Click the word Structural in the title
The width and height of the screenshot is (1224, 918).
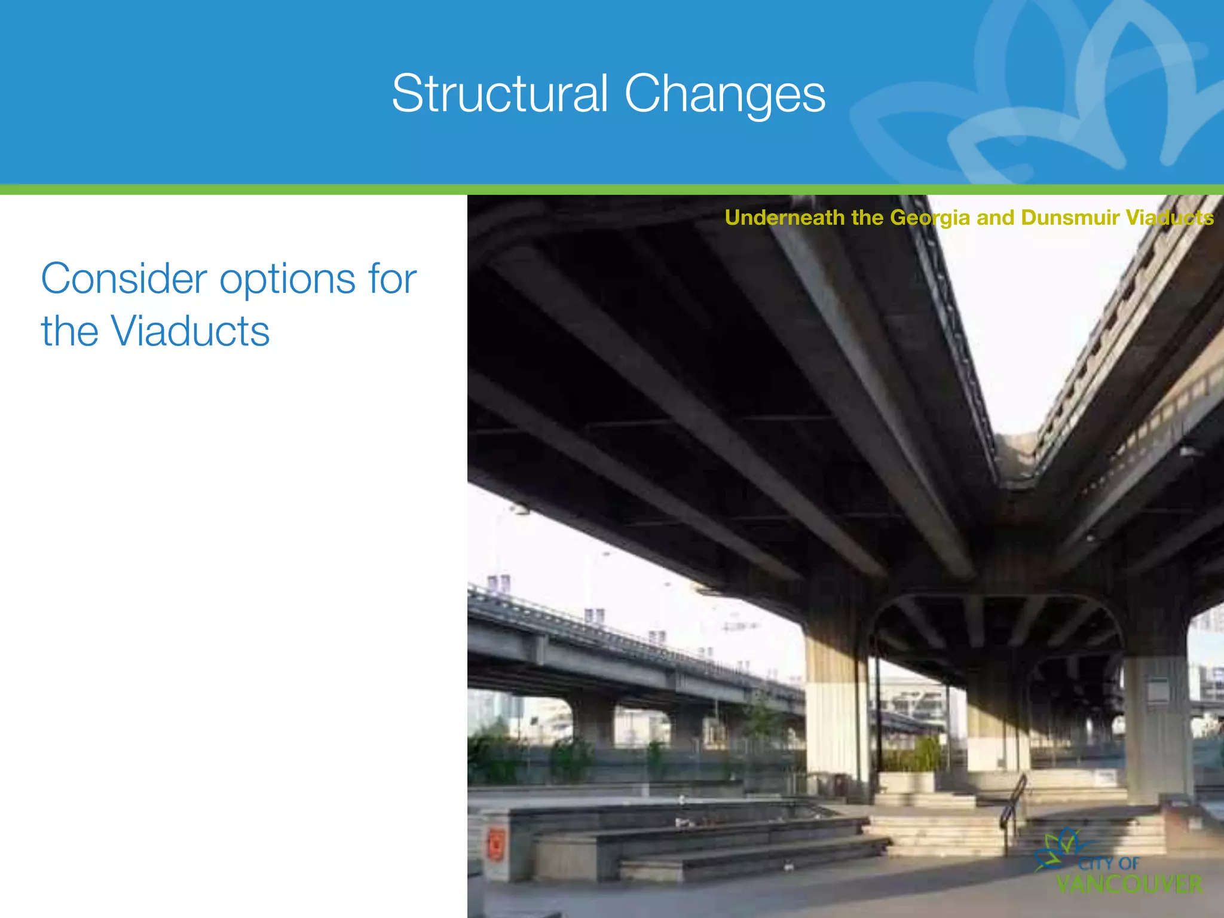500,94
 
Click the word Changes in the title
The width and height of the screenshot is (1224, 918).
724,95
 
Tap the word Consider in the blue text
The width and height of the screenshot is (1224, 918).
124,279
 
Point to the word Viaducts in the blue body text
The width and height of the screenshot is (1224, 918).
190,331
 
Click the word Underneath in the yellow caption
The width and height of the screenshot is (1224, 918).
784,218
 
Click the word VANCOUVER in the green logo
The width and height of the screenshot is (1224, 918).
1129,884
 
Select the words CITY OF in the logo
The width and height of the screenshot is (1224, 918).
1109,863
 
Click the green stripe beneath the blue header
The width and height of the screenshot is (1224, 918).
612,189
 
